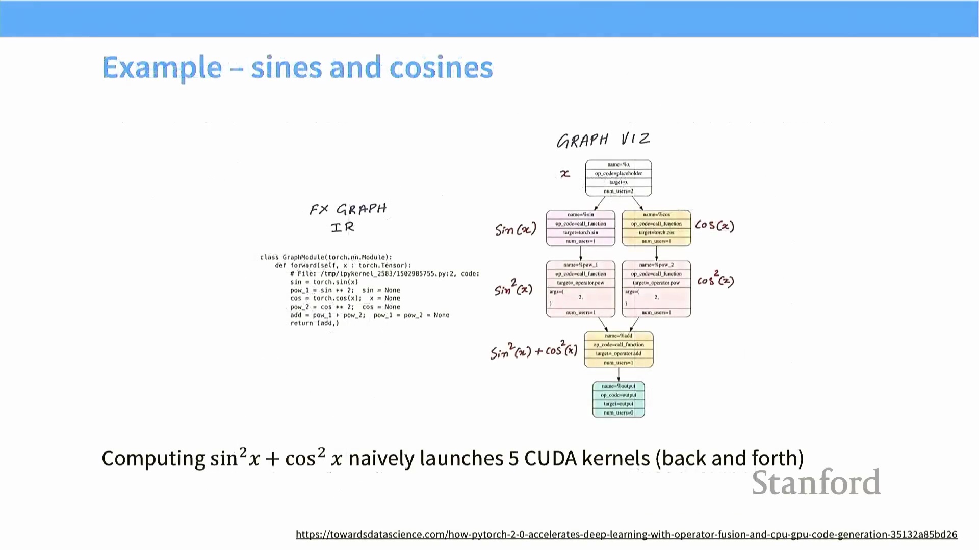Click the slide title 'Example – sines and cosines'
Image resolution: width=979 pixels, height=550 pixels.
(297, 68)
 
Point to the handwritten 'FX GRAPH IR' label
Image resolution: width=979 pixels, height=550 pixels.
(348, 218)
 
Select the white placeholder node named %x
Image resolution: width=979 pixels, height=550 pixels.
(618, 178)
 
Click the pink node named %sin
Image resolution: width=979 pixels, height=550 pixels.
(580, 228)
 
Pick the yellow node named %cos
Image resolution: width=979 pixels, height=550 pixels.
(656, 228)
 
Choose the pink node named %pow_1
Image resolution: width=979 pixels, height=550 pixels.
(580, 289)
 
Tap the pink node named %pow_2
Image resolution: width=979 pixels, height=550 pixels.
(656, 289)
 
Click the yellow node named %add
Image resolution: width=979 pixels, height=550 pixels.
(619, 349)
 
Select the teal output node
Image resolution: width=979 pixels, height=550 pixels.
(619, 399)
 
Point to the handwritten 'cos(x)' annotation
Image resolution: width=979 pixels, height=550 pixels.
(714, 225)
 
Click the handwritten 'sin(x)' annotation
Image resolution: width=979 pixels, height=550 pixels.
(516, 230)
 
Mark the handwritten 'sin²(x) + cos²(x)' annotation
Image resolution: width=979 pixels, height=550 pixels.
(533, 350)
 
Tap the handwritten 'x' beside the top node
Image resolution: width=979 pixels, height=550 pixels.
(565, 174)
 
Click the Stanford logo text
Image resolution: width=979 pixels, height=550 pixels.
(816, 483)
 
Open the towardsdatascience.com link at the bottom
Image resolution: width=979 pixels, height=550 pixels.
(626, 534)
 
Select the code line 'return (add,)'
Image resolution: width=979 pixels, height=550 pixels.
(314, 323)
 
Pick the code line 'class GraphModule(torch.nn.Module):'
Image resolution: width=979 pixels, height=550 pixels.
(326, 257)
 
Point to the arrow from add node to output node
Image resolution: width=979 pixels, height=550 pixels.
(619, 374)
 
